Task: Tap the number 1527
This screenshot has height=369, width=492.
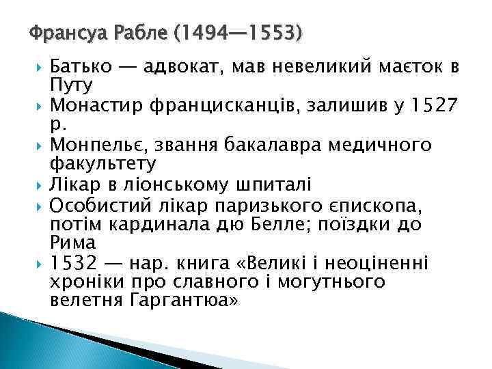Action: pyautogui.click(x=435, y=106)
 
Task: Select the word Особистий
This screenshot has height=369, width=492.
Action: pyautogui.click(x=96, y=204)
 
